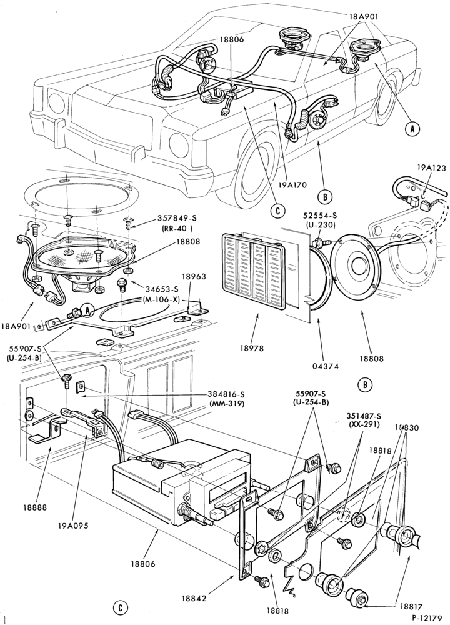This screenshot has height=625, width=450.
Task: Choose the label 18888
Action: click(x=35, y=507)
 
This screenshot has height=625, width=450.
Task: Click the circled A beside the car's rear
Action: click(x=413, y=128)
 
